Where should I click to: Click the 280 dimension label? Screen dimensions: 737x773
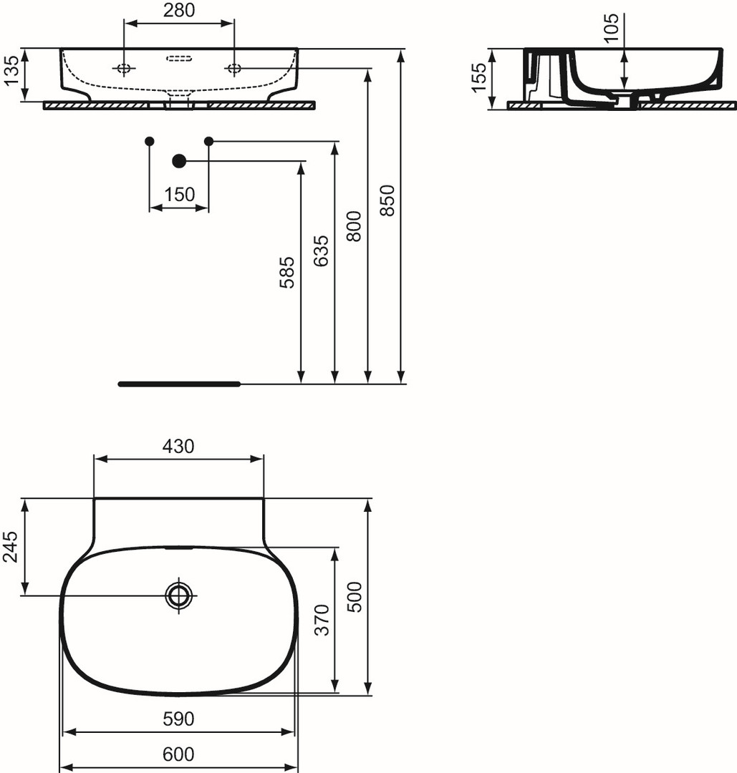(x=179, y=10)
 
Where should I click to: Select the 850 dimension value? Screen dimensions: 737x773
(x=387, y=200)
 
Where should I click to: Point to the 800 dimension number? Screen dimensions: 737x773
(x=354, y=226)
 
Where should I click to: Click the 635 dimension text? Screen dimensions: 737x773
(x=321, y=251)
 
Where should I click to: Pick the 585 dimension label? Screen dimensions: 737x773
(x=286, y=272)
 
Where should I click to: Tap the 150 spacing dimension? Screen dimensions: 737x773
(x=179, y=194)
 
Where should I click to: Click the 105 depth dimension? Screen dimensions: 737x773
(x=611, y=28)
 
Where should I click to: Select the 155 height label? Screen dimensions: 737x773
(x=479, y=77)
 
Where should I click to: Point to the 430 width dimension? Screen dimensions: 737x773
(x=178, y=446)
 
